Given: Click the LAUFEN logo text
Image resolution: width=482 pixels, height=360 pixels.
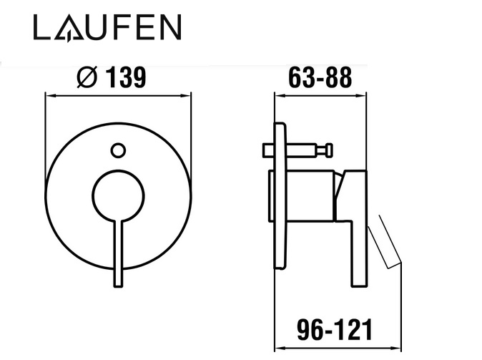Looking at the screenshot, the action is [x=107, y=27].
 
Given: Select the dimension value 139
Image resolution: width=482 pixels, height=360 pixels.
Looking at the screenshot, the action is [x=126, y=77].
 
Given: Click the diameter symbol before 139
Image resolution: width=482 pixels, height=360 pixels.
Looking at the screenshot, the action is [x=87, y=77].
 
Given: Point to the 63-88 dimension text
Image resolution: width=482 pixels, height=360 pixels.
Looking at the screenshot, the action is [x=320, y=77].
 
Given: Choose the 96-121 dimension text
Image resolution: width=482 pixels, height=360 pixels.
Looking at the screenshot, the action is [x=335, y=329].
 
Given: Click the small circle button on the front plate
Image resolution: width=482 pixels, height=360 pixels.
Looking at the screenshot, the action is [x=118, y=151].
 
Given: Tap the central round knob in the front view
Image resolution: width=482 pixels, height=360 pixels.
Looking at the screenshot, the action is [x=118, y=195].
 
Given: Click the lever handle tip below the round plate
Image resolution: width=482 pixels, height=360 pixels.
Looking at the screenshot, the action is [x=118, y=283].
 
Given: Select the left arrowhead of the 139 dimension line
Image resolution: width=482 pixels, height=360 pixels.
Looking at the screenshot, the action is [x=49, y=96].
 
